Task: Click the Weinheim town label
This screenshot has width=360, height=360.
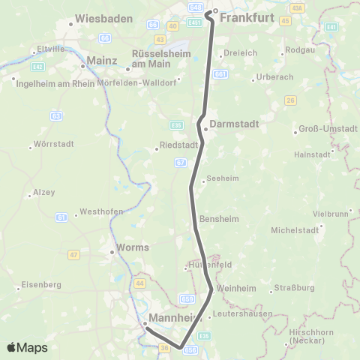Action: pyautogui.click(x=235, y=288)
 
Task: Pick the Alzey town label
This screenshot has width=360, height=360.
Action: pyautogui.click(x=44, y=193)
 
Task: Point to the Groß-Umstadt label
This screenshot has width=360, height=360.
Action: pyautogui.click(x=328, y=129)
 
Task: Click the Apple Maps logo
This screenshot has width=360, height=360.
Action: pyautogui.click(x=27, y=347)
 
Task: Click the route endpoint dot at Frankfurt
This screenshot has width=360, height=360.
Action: pyautogui.click(x=214, y=11)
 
